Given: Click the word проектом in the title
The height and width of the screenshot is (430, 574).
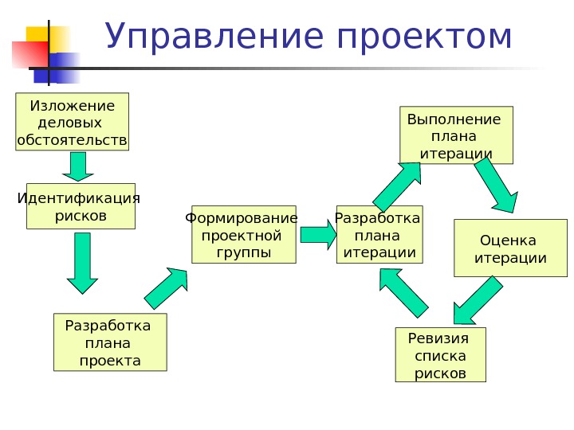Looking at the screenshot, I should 424,38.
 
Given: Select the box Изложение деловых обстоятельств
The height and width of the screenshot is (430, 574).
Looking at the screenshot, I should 72,123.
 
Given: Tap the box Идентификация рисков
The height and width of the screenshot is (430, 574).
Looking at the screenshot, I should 80,207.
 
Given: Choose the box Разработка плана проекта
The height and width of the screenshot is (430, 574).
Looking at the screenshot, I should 110,342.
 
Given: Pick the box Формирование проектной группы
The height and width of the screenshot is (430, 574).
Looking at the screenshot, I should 243,235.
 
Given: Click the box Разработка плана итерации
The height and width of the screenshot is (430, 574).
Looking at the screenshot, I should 379,235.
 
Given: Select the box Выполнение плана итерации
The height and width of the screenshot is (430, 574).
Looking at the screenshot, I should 456,135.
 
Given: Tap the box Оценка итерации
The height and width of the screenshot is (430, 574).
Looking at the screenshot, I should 510,248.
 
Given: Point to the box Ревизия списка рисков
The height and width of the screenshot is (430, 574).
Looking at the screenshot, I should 440,354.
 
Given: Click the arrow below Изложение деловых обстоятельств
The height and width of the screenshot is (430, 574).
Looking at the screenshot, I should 78,166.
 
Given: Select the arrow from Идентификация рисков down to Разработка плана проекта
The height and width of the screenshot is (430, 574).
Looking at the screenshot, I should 81,263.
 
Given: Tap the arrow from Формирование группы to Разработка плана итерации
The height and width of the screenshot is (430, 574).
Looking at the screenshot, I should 318,235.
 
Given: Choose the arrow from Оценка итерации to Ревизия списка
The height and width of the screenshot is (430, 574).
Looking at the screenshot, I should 478,300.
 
